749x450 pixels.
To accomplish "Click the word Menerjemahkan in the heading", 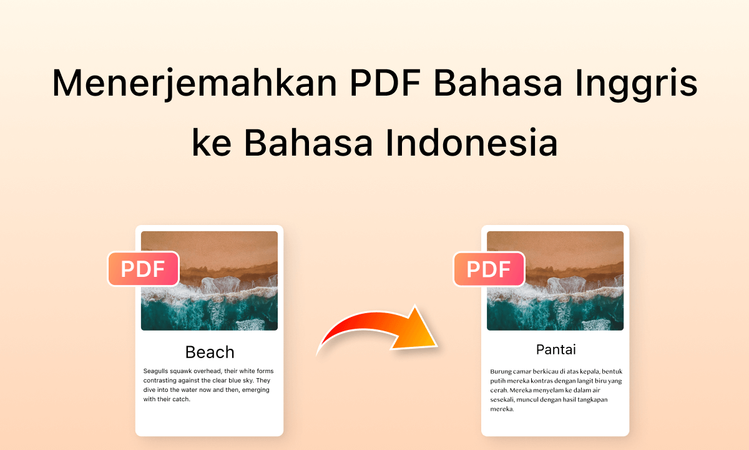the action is click(194, 84).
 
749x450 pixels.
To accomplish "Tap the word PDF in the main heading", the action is click(385, 82).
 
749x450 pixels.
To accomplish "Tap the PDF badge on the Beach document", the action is click(144, 269).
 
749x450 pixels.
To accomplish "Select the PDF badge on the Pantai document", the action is click(489, 269).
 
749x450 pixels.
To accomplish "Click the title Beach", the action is click(210, 352).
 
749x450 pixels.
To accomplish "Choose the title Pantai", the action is click(556, 349).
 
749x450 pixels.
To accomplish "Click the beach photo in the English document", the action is click(209, 281).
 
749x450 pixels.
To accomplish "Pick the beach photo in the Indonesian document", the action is click(555, 281).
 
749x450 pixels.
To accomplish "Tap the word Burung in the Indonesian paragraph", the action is click(501, 372).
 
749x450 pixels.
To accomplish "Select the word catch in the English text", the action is click(182, 399).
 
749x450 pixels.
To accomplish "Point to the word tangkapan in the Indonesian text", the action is click(592, 400).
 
